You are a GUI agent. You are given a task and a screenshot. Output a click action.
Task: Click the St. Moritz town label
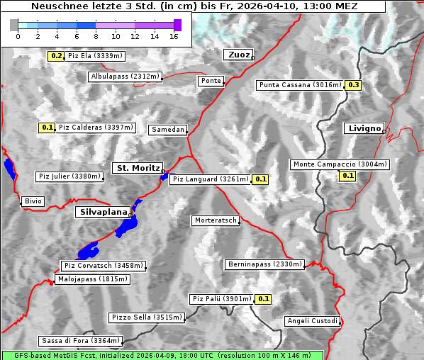pos(137,168)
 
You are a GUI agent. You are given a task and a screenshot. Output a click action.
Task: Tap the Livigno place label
pos(364,128)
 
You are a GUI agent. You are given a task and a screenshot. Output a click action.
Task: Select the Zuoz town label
pos(237,55)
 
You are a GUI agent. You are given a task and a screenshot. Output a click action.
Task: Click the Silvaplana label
pos(104,212)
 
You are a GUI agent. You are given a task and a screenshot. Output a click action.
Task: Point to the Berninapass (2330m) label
pos(264,264)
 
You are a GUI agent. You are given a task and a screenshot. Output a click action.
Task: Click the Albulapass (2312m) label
pos(125,77)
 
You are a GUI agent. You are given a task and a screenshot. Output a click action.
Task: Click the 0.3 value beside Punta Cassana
pos(354,85)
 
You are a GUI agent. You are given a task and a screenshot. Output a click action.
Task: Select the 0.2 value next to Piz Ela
pos(57,55)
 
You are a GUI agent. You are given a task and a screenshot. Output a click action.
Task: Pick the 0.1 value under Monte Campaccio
pos(347,175)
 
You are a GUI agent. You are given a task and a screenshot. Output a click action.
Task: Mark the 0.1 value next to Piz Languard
pos(260,179)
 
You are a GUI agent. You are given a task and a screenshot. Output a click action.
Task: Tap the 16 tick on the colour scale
pos(173,36)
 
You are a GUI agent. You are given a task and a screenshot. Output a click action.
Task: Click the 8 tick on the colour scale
pos(96,36)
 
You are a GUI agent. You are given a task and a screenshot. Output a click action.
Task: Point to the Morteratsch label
pos(216,220)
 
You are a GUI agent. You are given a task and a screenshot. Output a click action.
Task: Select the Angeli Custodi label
pos(312,321)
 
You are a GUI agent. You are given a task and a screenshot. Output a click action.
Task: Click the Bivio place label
pos(33,201)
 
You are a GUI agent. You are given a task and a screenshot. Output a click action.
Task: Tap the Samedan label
pos(168,130)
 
